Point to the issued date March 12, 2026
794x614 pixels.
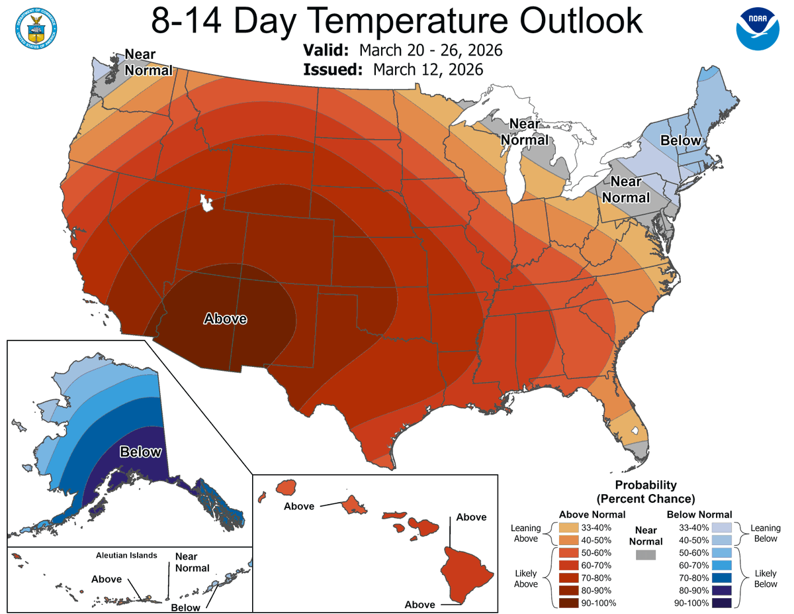click(427, 70)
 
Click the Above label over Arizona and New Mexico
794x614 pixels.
click(225, 319)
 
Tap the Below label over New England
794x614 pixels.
click(680, 141)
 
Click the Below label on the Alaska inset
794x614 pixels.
click(140, 452)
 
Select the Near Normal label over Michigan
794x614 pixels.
click(525, 132)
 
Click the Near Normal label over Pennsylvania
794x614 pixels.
click(630, 189)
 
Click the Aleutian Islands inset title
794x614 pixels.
click(126, 555)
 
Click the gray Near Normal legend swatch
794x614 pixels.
click(645, 554)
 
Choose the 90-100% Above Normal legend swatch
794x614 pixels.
click(568, 603)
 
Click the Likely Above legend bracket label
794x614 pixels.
click(526, 578)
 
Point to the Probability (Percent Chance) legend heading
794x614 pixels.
click(645, 491)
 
